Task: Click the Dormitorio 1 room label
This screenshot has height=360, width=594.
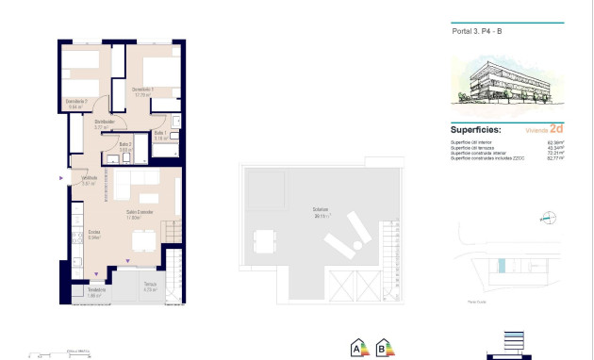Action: click(x=142, y=91)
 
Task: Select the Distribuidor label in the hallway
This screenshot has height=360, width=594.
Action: click(x=105, y=123)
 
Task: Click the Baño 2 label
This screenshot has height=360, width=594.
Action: click(x=125, y=145)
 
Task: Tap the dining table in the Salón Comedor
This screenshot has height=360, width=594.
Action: click(x=144, y=241)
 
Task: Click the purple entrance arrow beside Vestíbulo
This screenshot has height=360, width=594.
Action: click(x=62, y=177)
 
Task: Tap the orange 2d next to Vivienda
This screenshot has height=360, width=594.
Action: click(x=555, y=128)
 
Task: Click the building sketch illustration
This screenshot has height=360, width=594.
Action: click(x=507, y=82)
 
